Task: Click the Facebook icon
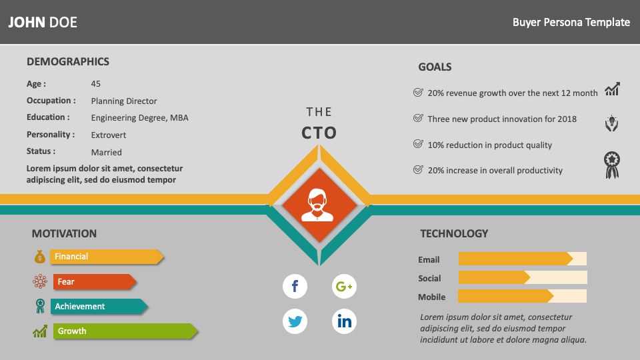coord(295,286)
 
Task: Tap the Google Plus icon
coord(344,286)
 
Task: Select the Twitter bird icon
coord(295,321)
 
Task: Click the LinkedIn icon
coord(344,321)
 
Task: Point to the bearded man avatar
coord(317,205)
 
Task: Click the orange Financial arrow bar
coord(107,256)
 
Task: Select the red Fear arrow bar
coord(95,281)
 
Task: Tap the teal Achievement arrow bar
coord(99,307)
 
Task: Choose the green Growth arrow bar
coord(125,331)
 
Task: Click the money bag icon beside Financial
coord(39,256)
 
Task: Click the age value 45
coord(95,84)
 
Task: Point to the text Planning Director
coord(124,101)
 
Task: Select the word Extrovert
coord(108,135)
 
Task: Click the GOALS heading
coord(435,67)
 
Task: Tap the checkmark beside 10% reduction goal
coord(418,144)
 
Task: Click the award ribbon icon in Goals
coord(612,165)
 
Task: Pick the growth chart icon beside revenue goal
coord(612,89)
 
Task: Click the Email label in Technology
coord(429,259)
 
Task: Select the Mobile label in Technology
coord(431,297)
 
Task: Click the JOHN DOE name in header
coord(43,22)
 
